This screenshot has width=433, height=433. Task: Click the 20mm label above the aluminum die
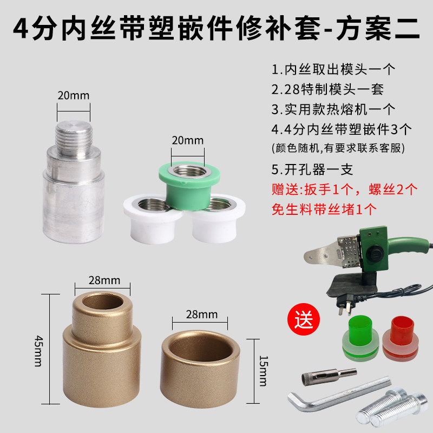[x=73, y=96]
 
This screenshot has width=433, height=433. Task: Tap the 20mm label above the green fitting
[x=187, y=140]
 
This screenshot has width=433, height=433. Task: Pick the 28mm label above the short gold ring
[x=201, y=314]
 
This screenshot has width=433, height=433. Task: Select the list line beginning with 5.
[x=312, y=170]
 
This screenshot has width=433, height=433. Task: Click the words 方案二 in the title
[x=377, y=28]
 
